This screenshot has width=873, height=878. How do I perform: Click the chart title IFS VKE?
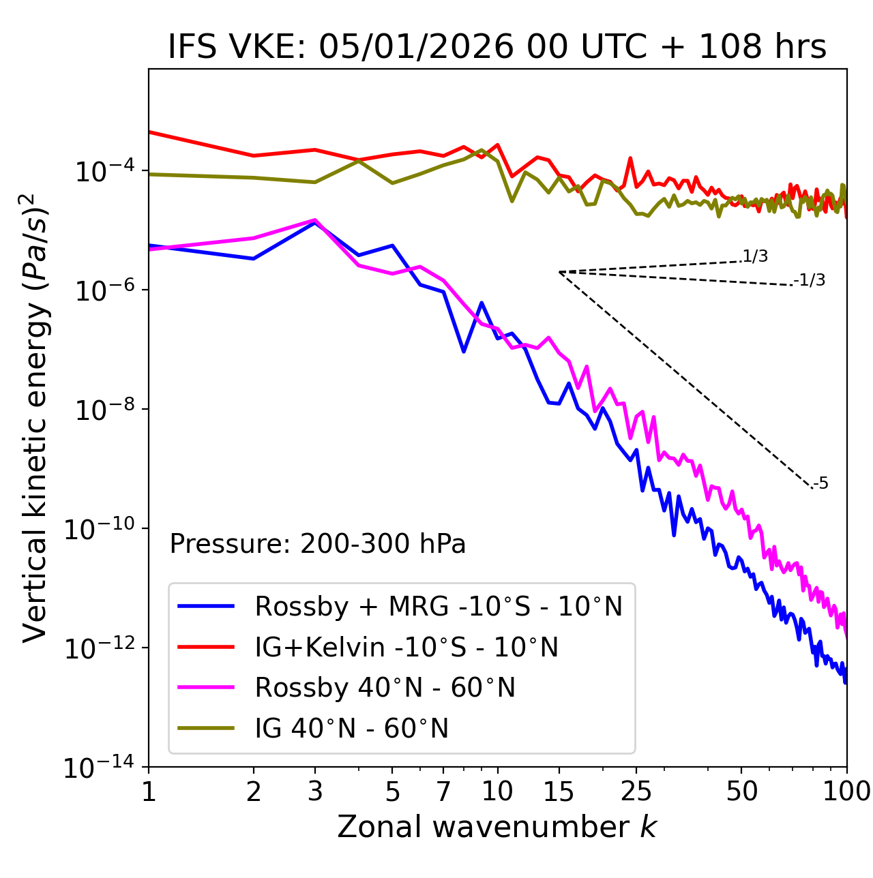pyautogui.click(x=497, y=48)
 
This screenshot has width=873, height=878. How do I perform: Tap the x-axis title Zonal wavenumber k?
pyautogui.click(x=497, y=827)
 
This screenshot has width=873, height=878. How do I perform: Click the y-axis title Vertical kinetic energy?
pyautogui.click(x=35, y=418)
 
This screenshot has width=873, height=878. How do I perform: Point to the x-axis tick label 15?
pyautogui.click(x=559, y=791)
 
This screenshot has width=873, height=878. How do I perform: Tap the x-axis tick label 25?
pyautogui.click(x=636, y=791)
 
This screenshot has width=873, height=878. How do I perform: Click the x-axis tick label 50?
pyautogui.click(x=741, y=791)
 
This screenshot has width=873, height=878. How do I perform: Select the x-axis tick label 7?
pyautogui.click(x=444, y=791)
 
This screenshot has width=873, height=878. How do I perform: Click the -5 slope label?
pyautogui.click(x=820, y=484)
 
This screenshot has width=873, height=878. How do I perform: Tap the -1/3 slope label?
pyautogui.click(x=810, y=280)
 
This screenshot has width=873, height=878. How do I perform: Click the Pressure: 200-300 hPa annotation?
pyautogui.click(x=318, y=544)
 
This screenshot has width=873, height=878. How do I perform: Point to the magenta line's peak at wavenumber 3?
pyautogui.click(x=314, y=219)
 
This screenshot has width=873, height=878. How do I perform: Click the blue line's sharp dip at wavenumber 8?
pyautogui.click(x=464, y=351)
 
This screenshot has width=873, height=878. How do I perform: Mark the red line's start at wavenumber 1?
pyautogui.click(x=149, y=132)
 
